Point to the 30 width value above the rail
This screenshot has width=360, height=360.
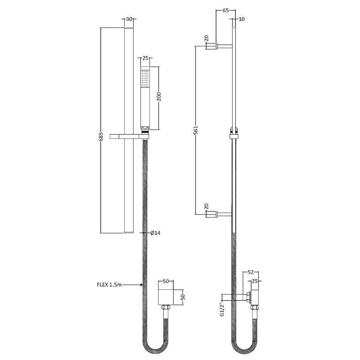click(130, 19)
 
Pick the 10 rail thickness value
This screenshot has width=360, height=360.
click(242, 19)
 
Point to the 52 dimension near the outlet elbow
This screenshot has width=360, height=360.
click(251, 272)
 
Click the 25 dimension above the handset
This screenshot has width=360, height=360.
click(145, 58)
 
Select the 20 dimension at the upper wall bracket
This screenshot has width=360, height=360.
click(207, 38)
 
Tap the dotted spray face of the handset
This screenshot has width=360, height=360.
click(145, 79)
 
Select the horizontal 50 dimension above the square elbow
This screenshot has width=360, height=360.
click(165, 281)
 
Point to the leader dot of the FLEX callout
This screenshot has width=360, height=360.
click(142, 284)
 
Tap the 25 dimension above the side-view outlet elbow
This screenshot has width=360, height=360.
click(256, 281)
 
